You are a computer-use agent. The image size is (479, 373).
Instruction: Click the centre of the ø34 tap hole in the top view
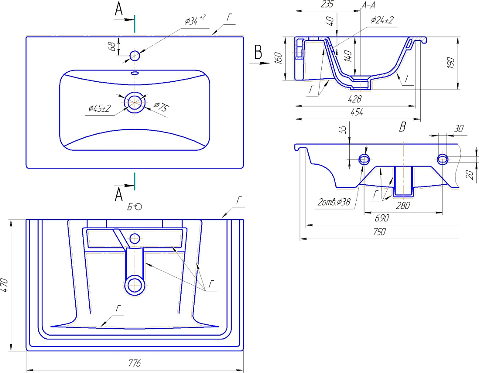pos(135,56)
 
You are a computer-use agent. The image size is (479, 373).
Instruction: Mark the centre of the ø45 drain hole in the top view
pos(135,102)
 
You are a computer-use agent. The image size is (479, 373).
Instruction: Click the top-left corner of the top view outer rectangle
pos(26,37)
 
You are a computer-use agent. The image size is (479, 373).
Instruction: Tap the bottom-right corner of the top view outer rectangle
pos(243,168)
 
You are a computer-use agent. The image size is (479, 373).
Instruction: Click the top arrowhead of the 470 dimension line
pos(11,223)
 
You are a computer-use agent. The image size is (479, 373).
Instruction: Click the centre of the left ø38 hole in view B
pos(364,159)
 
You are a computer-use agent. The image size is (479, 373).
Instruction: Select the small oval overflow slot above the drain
pos(135,73)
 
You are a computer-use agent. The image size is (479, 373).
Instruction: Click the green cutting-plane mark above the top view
pos(135,23)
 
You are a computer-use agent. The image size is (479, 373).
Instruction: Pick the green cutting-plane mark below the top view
pos(135,181)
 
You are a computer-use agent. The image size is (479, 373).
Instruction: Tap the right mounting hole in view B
pos(443,159)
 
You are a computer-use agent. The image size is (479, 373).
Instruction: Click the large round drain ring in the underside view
pos(135,286)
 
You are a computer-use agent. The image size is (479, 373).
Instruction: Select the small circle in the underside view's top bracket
pos(135,238)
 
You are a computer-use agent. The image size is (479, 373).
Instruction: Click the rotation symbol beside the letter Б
pos(138,207)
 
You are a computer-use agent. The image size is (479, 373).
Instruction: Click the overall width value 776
pos(135,363)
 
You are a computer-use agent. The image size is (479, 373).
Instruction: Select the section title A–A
pos(368,5)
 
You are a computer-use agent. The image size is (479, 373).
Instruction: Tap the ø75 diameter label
pos(161,107)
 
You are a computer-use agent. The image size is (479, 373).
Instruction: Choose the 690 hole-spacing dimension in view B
pos(382,218)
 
